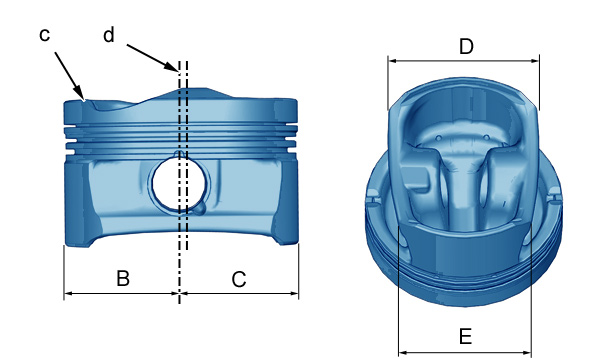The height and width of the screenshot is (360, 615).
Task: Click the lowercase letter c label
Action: click(x=45, y=35)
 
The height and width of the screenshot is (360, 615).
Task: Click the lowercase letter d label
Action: click(x=109, y=35)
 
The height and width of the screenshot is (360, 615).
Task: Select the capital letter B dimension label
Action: click(x=123, y=278)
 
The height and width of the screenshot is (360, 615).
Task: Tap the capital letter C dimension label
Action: click(x=239, y=279)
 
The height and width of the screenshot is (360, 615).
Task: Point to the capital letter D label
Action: click(x=466, y=47)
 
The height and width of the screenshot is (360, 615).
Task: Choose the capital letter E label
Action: click(x=465, y=336)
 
